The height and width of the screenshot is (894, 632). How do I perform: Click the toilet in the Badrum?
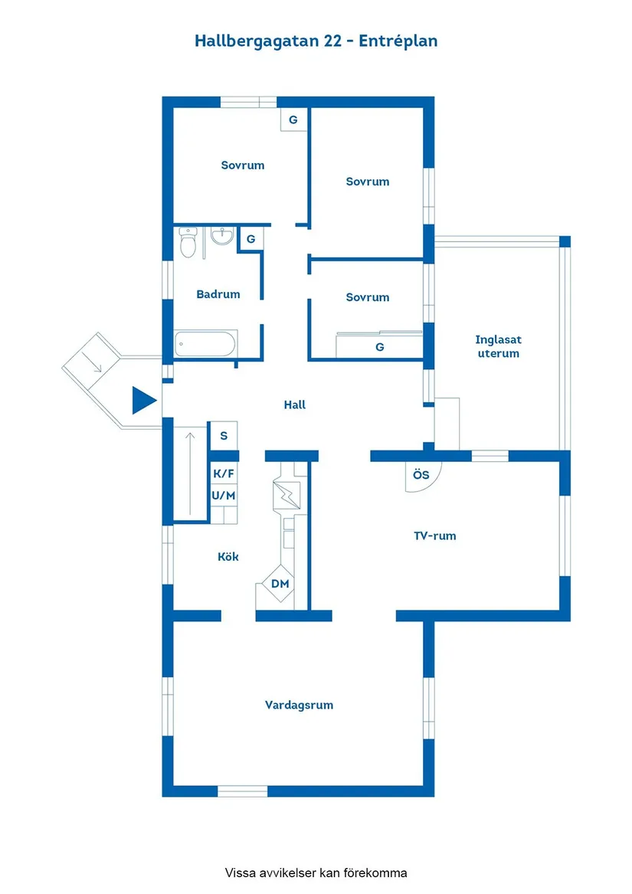point(188,242)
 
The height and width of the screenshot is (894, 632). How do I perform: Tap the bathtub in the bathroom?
point(205,344)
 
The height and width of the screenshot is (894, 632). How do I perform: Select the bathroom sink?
point(222,235)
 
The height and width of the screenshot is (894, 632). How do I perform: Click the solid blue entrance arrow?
point(144,400)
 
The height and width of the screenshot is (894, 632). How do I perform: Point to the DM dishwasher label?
point(280,584)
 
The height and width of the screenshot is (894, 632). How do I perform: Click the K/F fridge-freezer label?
point(224,473)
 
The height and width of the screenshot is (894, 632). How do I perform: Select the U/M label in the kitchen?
point(224,496)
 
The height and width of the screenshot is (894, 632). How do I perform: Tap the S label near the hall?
point(224,436)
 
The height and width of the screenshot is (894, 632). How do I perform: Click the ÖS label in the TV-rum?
point(421,474)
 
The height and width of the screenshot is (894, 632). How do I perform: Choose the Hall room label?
point(295,404)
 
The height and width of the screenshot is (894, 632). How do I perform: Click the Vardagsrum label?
point(299,706)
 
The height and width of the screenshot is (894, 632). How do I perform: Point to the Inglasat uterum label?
point(499,346)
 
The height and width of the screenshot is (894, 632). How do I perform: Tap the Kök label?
point(228,556)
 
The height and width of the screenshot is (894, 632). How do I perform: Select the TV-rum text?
point(434,535)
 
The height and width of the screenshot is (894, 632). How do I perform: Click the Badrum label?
point(218,294)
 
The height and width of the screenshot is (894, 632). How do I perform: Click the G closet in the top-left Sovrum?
point(293,120)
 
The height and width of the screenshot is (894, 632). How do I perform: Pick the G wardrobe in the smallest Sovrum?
point(380,347)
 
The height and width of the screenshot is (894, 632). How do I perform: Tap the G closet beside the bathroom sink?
point(251,239)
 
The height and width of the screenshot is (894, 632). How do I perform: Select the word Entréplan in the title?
point(398,41)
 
